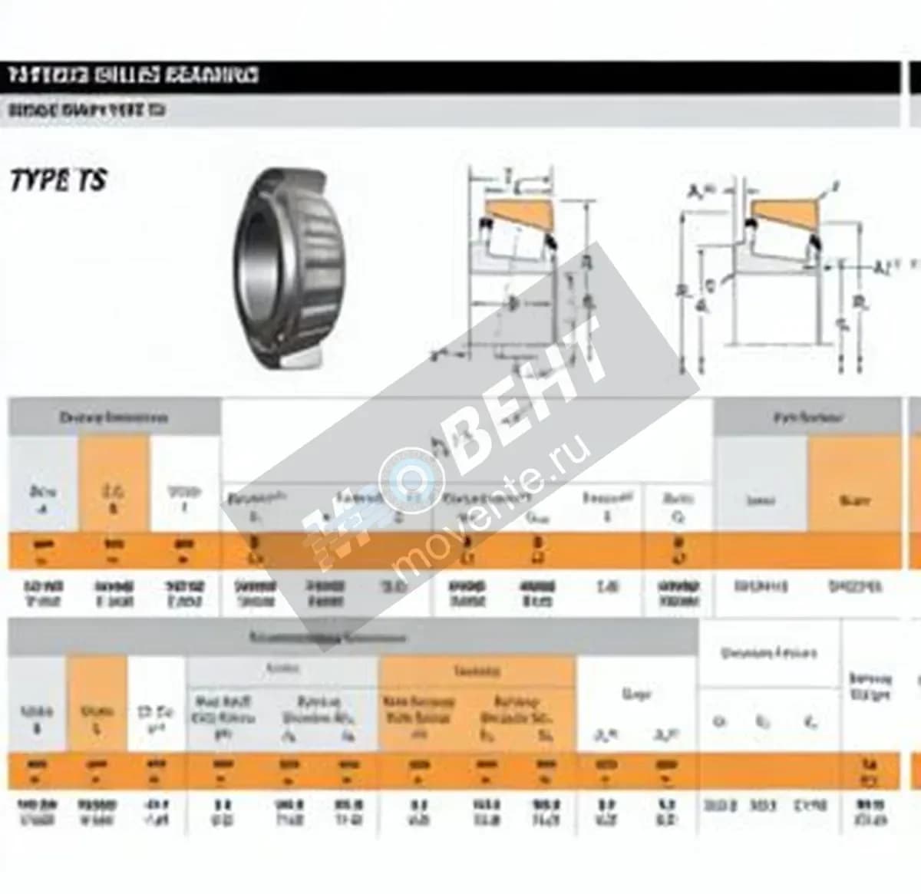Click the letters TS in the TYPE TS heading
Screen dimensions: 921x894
[x=91, y=181]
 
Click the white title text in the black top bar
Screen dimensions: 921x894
[x=134, y=75]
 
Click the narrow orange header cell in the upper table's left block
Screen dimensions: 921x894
[x=114, y=484]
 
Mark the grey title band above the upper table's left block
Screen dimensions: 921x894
[x=114, y=418]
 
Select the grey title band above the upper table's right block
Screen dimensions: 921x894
[x=807, y=418]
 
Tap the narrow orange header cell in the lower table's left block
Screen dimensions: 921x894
[x=97, y=704]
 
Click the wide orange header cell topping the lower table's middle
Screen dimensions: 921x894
[x=477, y=671]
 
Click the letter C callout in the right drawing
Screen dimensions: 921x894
[x=710, y=286]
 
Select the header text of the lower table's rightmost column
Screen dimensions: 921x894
[x=870, y=686]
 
